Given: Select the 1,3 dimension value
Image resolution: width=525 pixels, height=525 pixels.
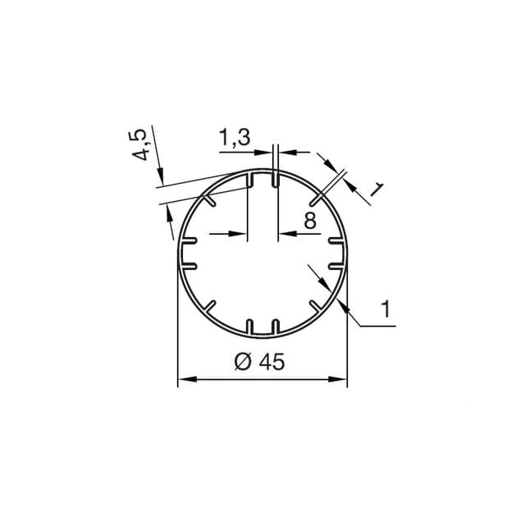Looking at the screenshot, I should point(234,139).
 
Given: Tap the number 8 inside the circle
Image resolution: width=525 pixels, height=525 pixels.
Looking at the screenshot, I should point(309,220).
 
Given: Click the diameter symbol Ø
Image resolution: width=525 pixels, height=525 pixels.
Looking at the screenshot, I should point(242,362).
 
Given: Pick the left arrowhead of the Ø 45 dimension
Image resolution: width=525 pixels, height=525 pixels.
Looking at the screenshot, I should point(185,379).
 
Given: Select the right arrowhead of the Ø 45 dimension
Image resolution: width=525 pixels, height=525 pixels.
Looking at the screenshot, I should point(340,379).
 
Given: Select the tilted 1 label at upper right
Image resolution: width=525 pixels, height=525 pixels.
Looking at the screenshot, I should point(376,189).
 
